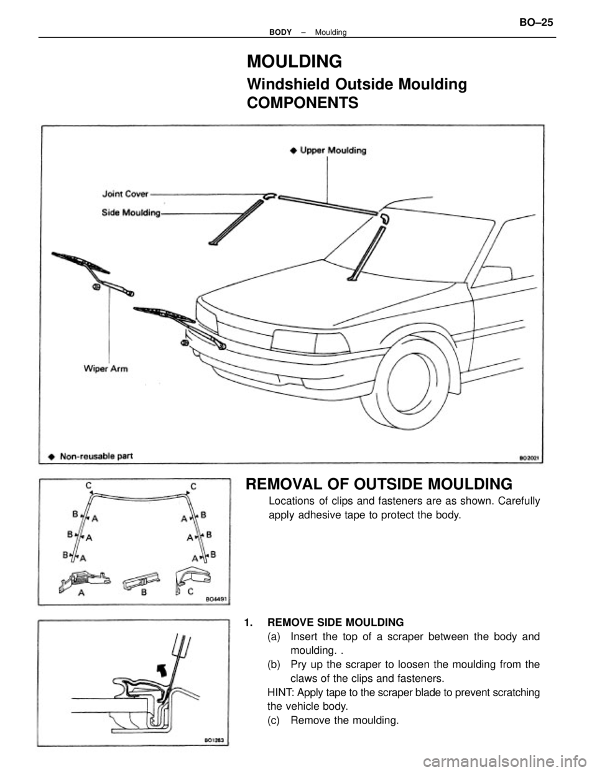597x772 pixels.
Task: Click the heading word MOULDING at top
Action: [294, 62]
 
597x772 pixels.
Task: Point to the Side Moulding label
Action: [131, 213]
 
